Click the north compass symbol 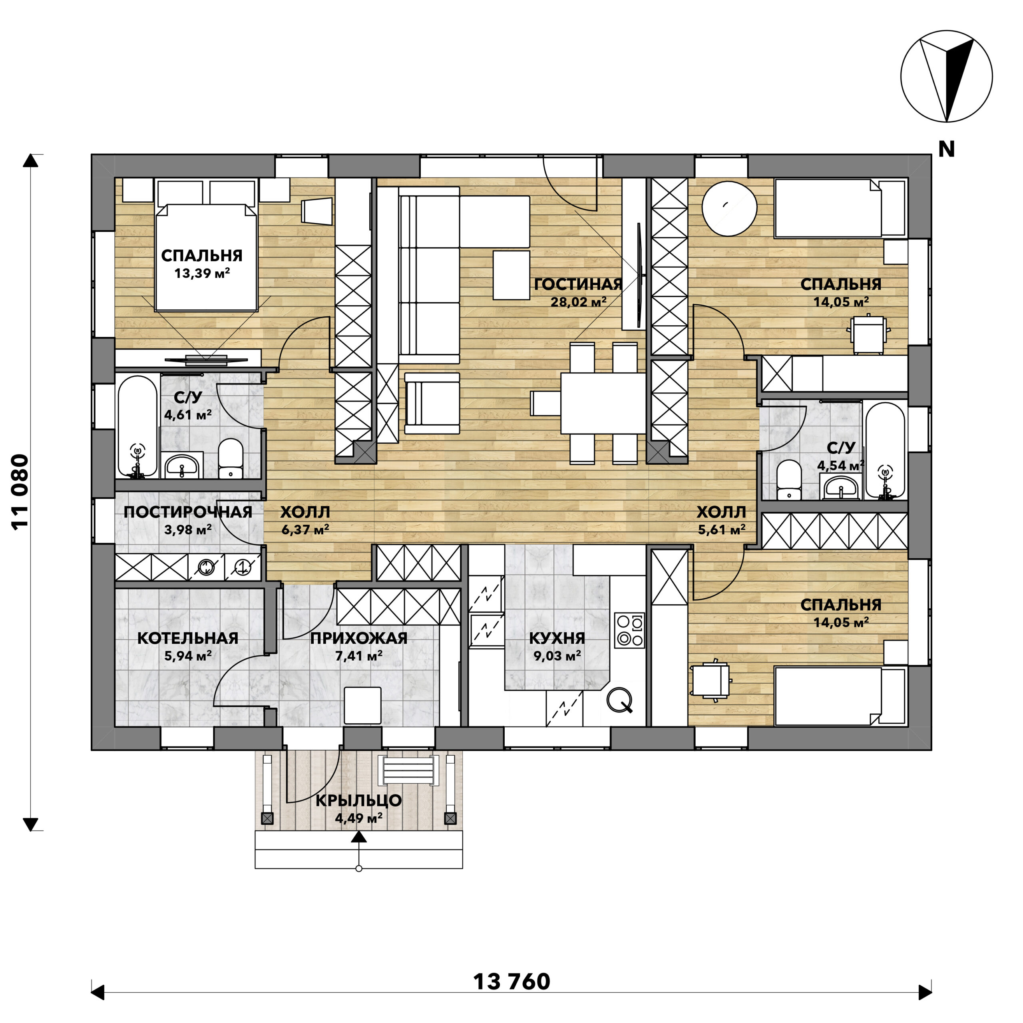(946, 76)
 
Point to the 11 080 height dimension (20, 492)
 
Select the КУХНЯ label (557, 638)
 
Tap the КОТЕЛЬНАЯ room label (187, 638)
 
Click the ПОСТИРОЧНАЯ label (187, 512)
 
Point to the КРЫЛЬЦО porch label (358, 800)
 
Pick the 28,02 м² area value (578, 302)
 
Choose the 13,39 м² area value (202, 273)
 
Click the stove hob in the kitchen (629, 630)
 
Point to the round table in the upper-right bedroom (729, 209)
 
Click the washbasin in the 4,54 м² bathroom (841, 486)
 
